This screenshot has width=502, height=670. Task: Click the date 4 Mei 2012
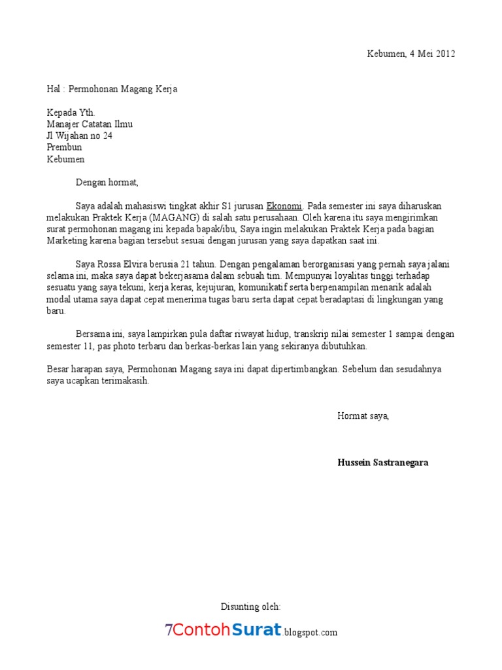tap(432, 54)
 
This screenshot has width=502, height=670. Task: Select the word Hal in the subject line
tap(54, 89)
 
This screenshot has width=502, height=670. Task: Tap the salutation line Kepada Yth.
tap(71, 112)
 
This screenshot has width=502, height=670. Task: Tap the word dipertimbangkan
tap(297, 369)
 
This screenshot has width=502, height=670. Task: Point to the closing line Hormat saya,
tap(363, 415)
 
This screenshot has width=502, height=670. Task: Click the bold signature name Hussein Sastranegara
tap(383, 462)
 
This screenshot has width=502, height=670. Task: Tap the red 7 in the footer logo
tap(169, 631)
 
